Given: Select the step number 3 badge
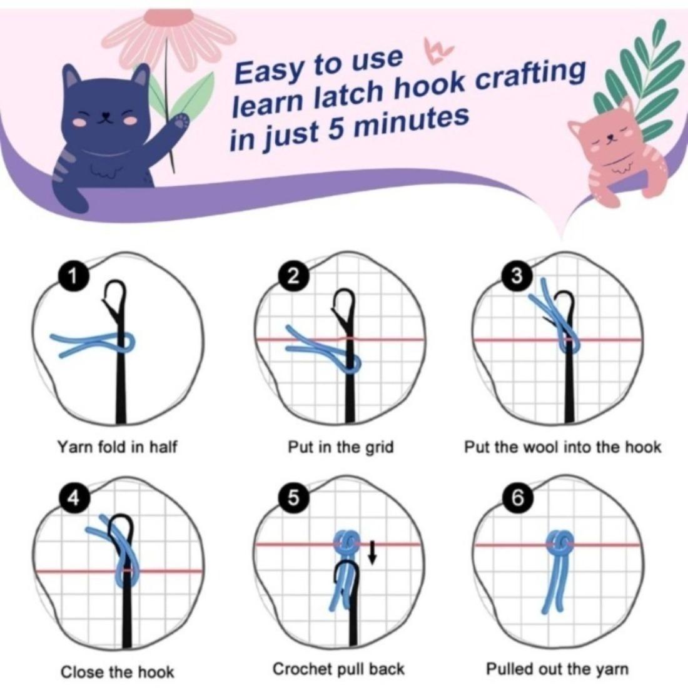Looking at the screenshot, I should pyautogui.click(x=517, y=276).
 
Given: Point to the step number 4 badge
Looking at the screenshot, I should pyautogui.click(x=73, y=498).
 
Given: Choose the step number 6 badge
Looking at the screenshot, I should pyautogui.click(x=517, y=498).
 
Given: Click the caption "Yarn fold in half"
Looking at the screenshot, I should pyautogui.click(x=117, y=447).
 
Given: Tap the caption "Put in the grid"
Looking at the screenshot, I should pyautogui.click(x=340, y=447).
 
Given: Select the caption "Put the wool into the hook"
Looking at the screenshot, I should pyautogui.click(x=562, y=447).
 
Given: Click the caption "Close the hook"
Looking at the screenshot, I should pyautogui.click(x=117, y=672).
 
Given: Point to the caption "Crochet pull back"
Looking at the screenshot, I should pyautogui.click(x=338, y=669).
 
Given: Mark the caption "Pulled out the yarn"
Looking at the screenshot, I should pyautogui.click(x=557, y=669).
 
